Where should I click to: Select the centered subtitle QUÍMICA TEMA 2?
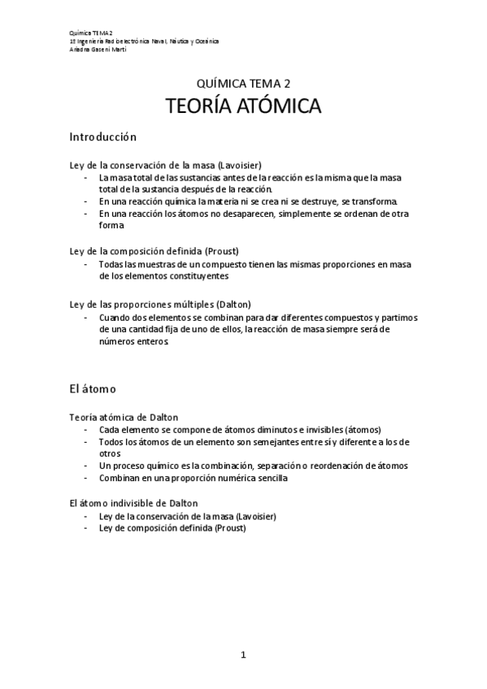(243, 83)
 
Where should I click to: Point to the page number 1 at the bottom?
(243, 654)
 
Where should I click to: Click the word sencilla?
(267, 479)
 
